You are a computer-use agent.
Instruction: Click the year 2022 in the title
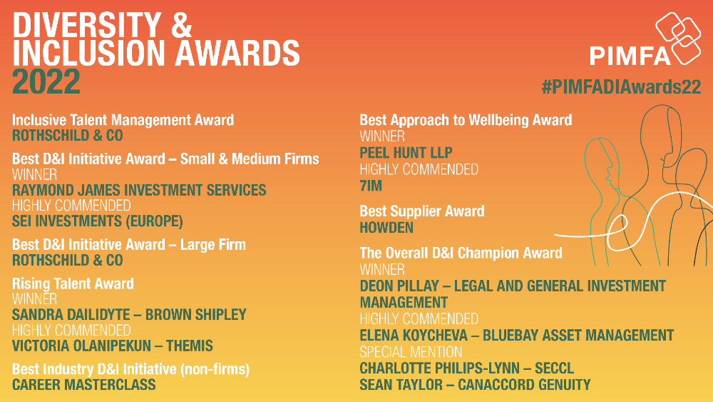(46, 82)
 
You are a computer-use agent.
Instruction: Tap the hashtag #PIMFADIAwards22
(621, 86)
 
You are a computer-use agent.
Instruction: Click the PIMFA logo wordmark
(630, 56)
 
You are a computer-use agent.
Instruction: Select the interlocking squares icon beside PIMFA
(679, 39)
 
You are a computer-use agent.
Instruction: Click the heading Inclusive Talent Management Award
(123, 120)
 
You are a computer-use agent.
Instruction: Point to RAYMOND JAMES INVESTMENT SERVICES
(139, 190)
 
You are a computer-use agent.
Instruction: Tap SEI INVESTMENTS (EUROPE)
(97, 221)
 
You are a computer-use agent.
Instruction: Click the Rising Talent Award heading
(73, 283)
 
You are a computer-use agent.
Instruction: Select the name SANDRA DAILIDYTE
(71, 315)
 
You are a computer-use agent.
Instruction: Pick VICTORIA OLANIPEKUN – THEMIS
(113, 346)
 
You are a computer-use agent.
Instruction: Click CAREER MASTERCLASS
(83, 385)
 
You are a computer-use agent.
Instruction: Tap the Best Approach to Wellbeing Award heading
(466, 120)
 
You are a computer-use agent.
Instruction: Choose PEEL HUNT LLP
(406, 153)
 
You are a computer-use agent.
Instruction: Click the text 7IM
(371, 186)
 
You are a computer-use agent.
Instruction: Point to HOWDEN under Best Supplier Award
(386, 228)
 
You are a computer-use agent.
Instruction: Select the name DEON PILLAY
(399, 286)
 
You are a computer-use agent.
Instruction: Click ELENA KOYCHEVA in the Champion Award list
(414, 336)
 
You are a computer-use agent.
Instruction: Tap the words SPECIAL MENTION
(411, 352)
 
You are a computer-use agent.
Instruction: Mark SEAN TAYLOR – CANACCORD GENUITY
(475, 385)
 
